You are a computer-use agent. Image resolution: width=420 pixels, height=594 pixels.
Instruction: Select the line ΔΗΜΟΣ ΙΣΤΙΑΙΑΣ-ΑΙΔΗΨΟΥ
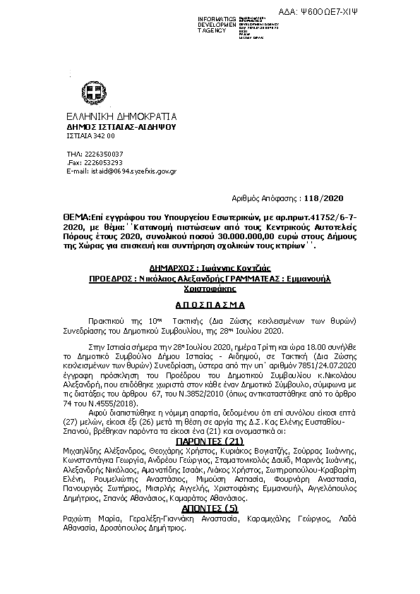tap(111, 127)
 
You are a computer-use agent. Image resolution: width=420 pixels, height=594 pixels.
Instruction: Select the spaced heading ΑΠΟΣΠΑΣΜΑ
tap(210, 307)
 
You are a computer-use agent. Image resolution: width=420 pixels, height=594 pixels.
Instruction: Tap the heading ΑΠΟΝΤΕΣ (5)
tap(210, 508)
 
